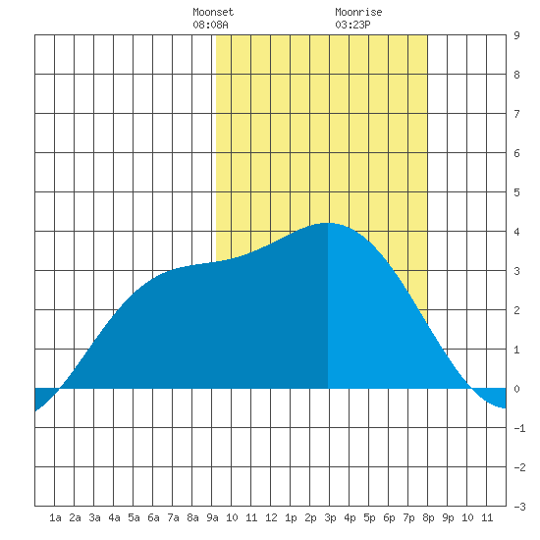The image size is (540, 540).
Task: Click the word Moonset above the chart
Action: pos(213,12)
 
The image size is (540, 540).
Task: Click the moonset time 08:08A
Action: pos(210,25)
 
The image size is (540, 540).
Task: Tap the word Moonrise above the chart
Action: pos(358,12)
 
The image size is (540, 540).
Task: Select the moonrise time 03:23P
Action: pos(352,25)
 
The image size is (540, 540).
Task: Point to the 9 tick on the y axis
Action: pos(516,35)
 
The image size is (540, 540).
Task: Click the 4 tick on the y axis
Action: pos(516,232)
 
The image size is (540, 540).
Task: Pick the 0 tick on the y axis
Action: pos(516,389)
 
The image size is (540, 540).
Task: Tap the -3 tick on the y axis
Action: pos(519,507)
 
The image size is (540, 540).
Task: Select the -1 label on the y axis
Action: pos(519,428)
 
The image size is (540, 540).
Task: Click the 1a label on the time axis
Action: pos(55,517)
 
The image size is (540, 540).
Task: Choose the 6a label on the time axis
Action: pos(153,517)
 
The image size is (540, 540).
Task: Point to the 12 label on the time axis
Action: pos(271,517)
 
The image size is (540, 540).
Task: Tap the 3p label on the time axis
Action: pos(330,517)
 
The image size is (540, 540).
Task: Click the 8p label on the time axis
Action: pos(428,517)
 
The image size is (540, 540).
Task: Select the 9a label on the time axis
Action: pos(212,517)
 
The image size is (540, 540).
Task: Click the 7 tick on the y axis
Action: pos(516,114)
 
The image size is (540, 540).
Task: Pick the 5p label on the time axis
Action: pos(369,517)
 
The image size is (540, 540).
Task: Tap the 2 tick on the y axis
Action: pos(516,310)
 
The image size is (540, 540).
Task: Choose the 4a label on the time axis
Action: pos(114,517)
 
